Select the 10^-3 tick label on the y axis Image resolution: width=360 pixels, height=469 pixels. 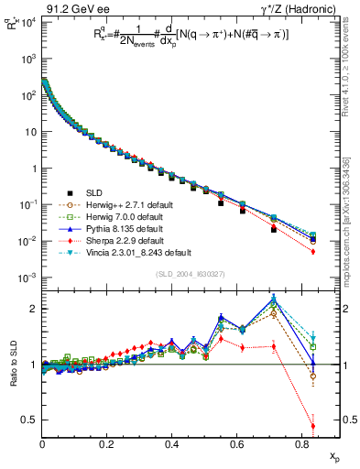pyautogui.click(x=27, y=278)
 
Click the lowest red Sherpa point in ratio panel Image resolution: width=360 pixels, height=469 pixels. pyautogui.click(x=312, y=426)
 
